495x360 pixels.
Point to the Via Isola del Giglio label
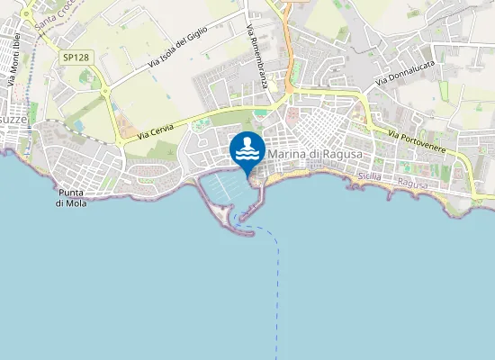[178, 49]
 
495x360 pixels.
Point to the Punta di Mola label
[71, 198]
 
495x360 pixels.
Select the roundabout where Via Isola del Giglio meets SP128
[105, 89]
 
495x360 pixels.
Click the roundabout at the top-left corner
[28, 13]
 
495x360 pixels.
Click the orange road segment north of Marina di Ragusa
[286, 54]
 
